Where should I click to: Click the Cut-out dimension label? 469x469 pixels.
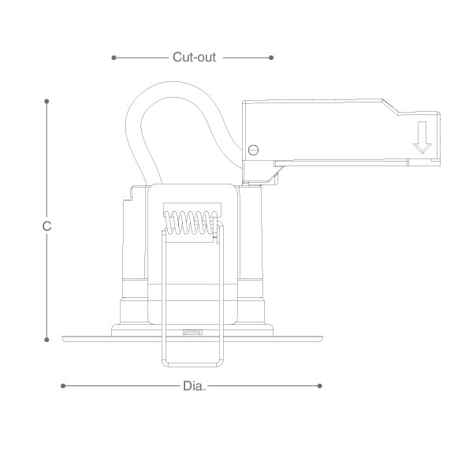(x=194, y=57)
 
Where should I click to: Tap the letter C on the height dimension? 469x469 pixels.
(x=47, y=226)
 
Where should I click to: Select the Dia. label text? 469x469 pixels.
(x=195, y=386)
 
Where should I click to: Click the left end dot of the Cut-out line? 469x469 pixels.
(x=114, y=58)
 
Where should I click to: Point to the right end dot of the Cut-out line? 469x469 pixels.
(x=271, y=58)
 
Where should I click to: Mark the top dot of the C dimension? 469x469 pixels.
(x=47, y=102)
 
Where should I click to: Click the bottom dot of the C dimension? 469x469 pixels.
(x=47, y=340)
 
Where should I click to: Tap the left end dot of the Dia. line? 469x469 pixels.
(x=63, y=386)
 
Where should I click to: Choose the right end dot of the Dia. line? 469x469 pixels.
(x=320, y=386)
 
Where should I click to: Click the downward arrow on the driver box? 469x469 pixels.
(x=422, y=138)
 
